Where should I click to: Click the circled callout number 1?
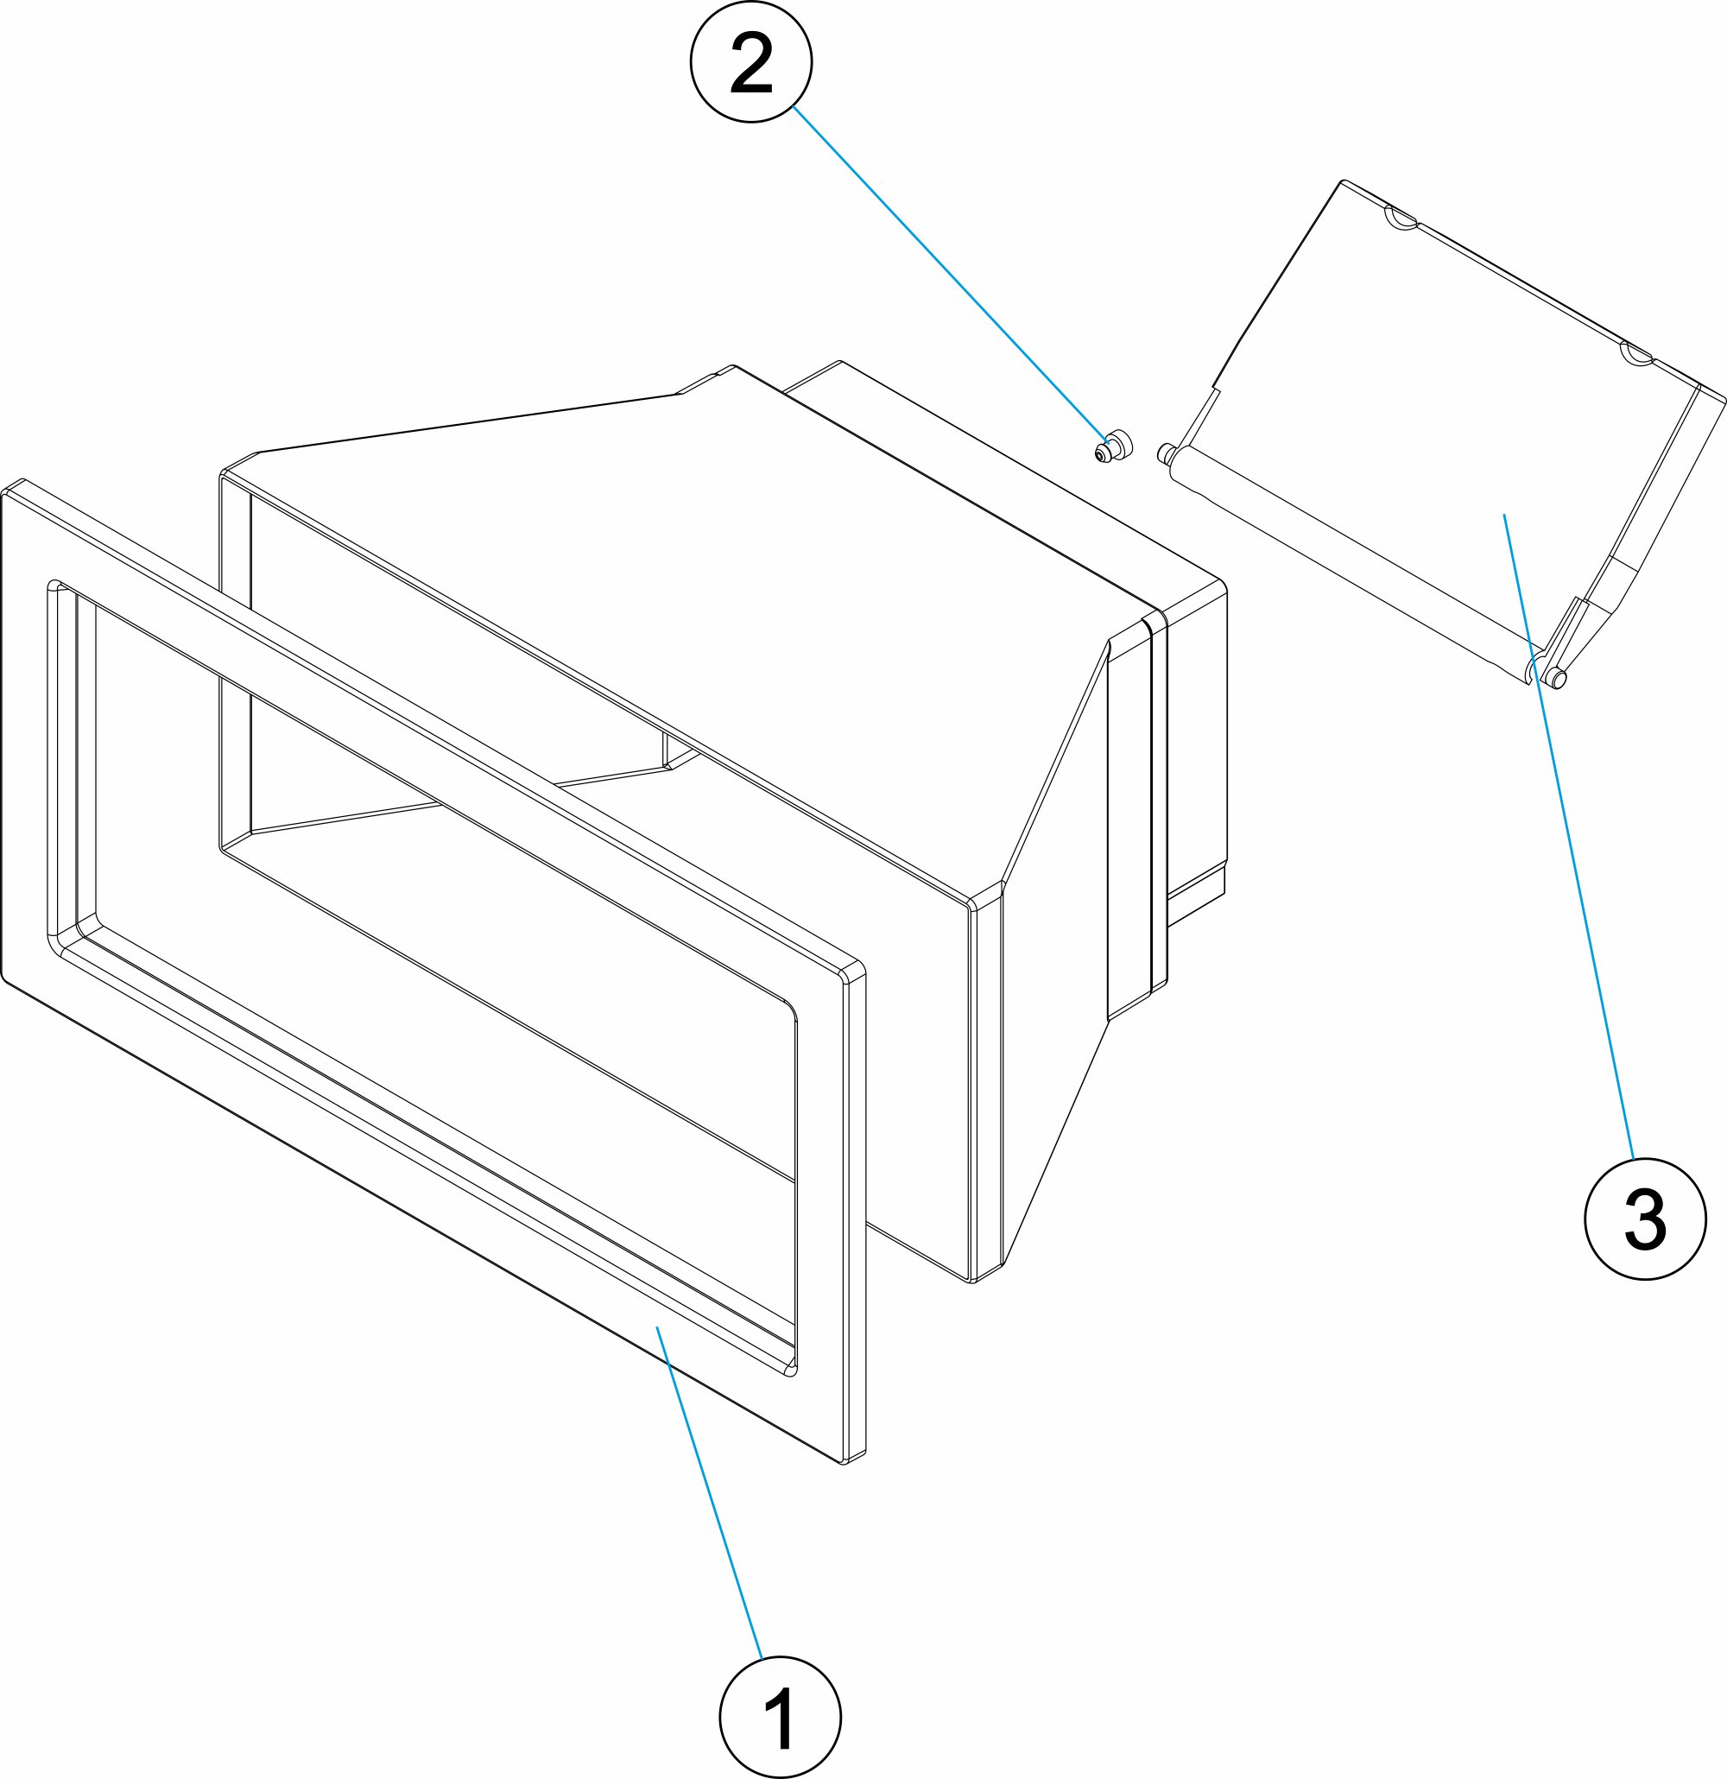[780, 1716]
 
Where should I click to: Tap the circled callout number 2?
[751, 61]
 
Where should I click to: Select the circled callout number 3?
[1645, 1219]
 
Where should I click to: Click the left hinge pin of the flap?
[1166, 452]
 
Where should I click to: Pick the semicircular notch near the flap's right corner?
[1636, 354]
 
